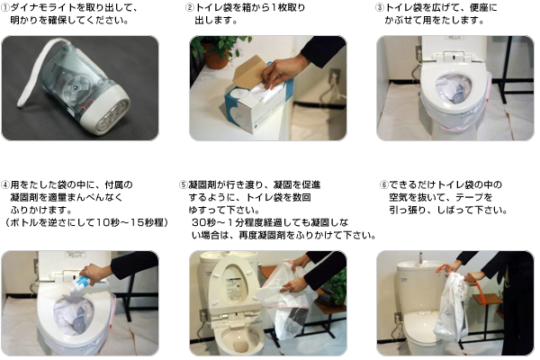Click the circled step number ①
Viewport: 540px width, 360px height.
coord(5,8)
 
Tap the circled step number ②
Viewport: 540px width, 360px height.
coord(190,7)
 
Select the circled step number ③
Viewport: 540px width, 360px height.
coord(380,7)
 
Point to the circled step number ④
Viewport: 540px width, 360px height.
coord(5,185)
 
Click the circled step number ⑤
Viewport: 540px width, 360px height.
coord(184,185)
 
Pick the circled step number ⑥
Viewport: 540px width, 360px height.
coord(384,185)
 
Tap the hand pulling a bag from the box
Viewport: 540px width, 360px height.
coord(281,70)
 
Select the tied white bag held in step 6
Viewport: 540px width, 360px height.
coord(451,307)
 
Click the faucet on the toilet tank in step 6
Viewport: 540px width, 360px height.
coord(419,257)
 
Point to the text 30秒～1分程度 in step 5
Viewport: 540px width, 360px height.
coord(228,222)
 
